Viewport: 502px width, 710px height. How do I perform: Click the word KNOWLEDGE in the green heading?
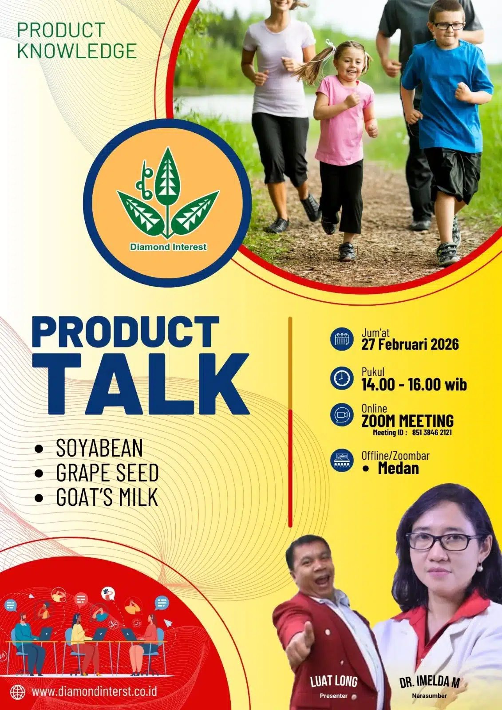tap(77, 51)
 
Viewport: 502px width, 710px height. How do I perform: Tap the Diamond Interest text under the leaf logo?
tap(168, 247)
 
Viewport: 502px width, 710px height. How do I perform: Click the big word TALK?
tap(142, 384)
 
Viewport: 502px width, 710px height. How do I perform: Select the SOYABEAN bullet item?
tap(99, 448)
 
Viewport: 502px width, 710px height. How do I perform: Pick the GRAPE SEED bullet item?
tap(107, 473)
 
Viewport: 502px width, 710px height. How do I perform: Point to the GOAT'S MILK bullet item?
tap(107, 497)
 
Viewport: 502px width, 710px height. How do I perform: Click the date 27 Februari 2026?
tap(410, 344)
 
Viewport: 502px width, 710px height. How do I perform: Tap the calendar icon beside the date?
tap(342, 339)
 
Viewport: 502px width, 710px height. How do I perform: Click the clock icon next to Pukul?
tap(342, 378)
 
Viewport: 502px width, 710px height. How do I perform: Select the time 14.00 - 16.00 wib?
tap(414, 384)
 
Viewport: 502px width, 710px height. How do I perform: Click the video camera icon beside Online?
tap(342, 415)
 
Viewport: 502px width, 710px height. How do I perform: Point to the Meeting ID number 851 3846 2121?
tap(432, 433)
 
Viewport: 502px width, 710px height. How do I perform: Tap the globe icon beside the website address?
tap(17, 693)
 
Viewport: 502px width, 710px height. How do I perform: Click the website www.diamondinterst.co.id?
tap(95, 692)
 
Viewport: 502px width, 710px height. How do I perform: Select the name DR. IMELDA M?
tap(429, 682)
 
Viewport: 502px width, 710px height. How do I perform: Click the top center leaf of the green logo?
tap(167, 176)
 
